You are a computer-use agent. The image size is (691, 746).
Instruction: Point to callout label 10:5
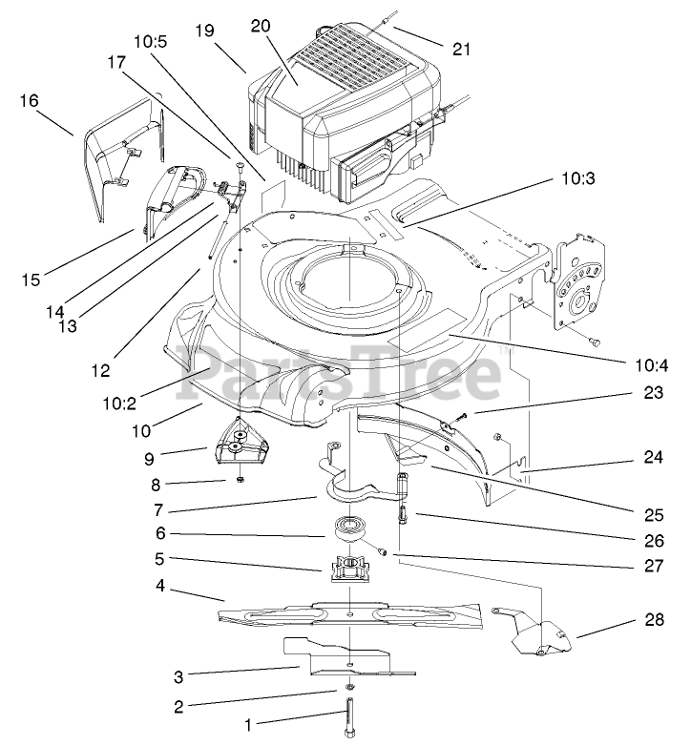[151, 42]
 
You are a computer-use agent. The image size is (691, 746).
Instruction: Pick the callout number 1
[250, 726]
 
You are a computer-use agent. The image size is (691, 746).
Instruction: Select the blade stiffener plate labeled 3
[344, 658]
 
